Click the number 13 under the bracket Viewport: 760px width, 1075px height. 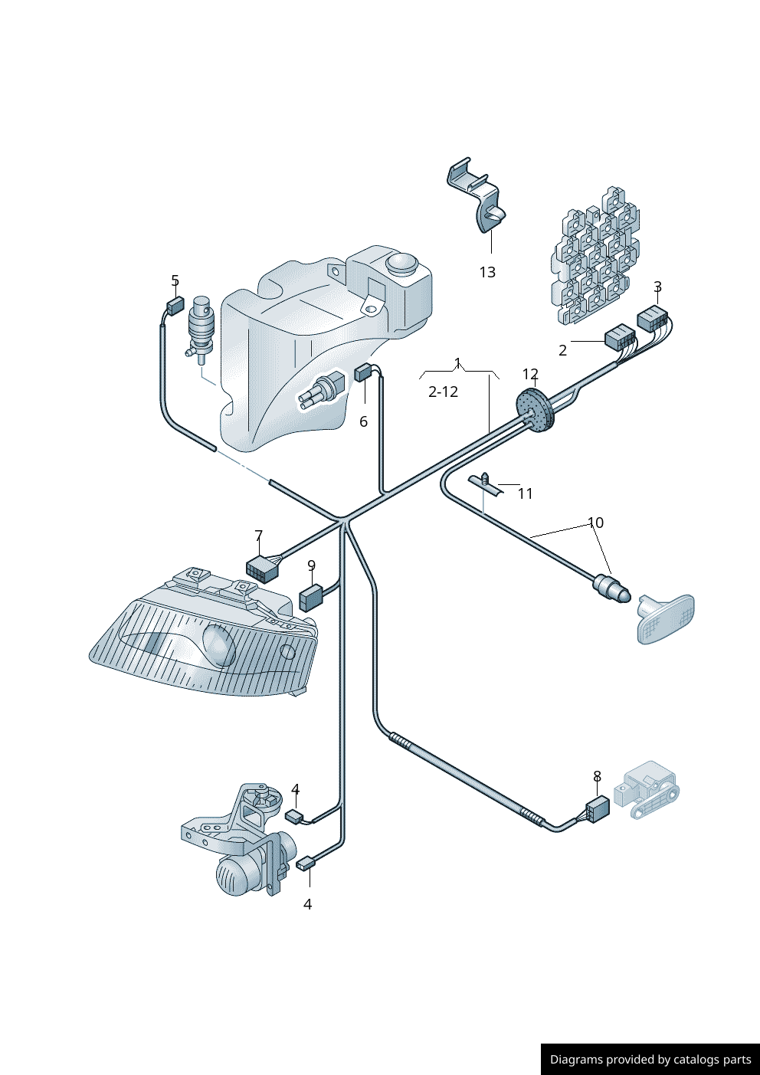(x=487, y=272)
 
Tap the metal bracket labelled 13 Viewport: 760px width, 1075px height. (x=479, y=195)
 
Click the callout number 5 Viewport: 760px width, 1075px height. (x=175, y=281)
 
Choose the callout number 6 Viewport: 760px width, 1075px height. (x=363, y=421)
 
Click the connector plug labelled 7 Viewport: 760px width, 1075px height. (x=261, y=569)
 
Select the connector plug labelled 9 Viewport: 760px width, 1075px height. (x=310, y=596)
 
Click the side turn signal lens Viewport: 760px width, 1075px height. (x=667, y=618)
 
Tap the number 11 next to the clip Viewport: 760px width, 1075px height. (x=525, y=493)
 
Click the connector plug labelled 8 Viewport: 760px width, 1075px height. (x=597, y=808)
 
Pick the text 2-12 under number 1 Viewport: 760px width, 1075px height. (x=443, y=392)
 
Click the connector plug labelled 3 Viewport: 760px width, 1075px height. (x=652, y=317)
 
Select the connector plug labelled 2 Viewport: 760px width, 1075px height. (x=620, y=337)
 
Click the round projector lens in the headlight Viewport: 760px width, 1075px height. (x=219, y=644)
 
